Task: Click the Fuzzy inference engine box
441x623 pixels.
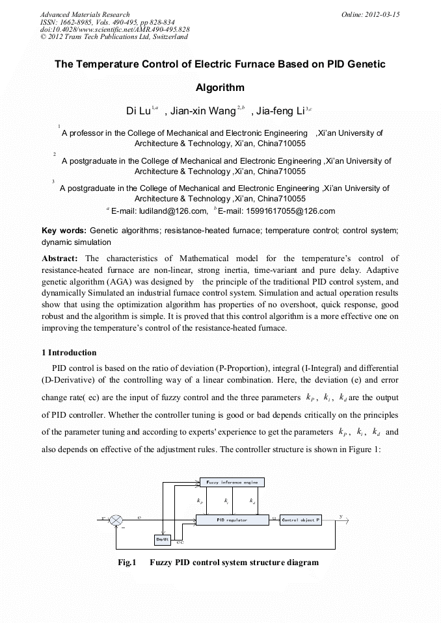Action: click(232, 482)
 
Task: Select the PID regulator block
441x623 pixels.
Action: click(232, 520)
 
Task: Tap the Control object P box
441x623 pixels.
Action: click(301, 520)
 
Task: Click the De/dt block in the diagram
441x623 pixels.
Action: click(162, 539)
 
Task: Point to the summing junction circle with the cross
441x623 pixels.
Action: click(116, 520)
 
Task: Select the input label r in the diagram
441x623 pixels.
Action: click(103, 518)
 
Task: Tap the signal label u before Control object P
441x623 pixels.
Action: click(274, 517)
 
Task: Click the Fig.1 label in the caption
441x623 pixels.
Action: click(126, 562)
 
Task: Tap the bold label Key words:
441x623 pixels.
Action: click(64, 231)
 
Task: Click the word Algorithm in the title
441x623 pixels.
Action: click(220, 87)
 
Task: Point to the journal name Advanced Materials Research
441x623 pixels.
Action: click(85, 14)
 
